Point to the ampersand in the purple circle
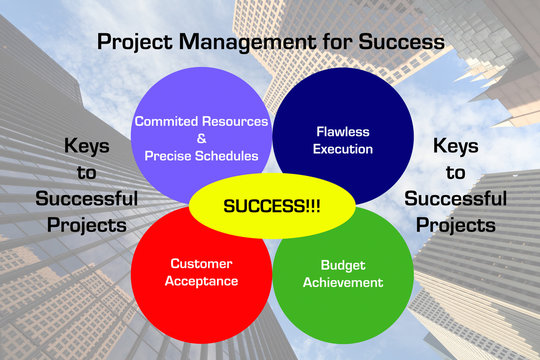[203, 138]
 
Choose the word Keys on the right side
[455, 145]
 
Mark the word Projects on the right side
[456, 223]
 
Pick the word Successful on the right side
[456, 197]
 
